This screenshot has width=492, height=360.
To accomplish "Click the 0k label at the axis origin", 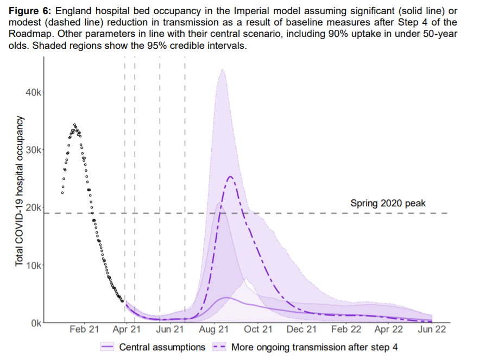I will [35, 323].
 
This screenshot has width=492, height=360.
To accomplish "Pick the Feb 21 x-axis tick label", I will [85, 329].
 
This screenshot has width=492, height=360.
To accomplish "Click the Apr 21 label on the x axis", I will [128, 329].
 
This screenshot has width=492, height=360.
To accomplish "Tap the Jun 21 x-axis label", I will [171, 329].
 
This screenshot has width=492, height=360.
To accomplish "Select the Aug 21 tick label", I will [215, 329].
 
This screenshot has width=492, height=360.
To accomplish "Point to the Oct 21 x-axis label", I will [258, 329].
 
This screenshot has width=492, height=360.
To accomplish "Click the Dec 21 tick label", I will [301, 329].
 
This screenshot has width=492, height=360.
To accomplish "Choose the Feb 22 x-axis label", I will [346, 329].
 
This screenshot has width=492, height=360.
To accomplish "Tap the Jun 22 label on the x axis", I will [432, 329].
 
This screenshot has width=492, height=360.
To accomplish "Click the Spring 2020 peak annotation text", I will [388, 204].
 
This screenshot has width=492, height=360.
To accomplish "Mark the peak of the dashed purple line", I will [230, 176].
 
